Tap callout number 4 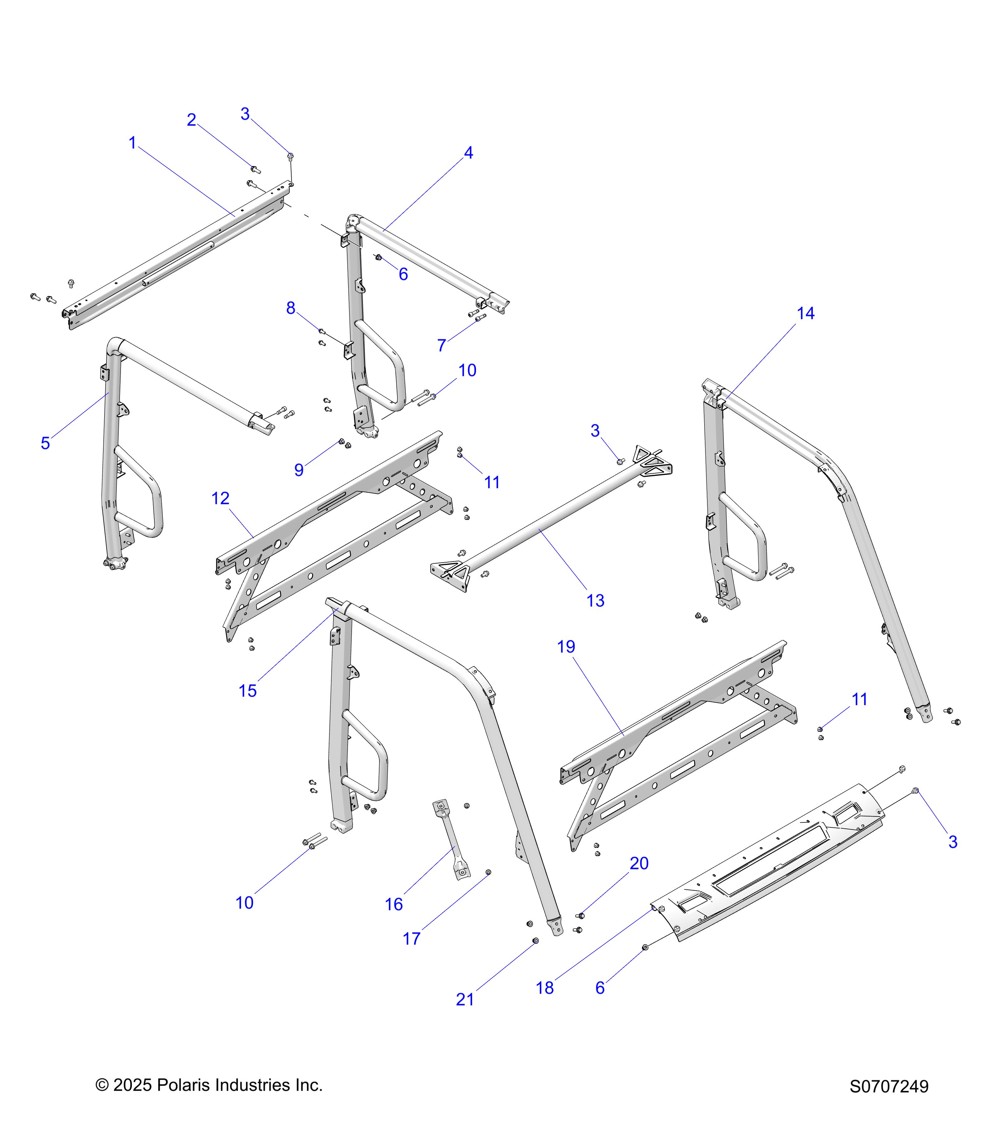pyautogui.click(x=468, y=153)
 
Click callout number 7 pyautogui.click(x=441, y=346)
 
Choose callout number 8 pyautogui.click(x=291, y=308)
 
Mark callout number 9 pyautogui.click(x=299, y=470)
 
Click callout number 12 pyautogui.click(x=220, y=498)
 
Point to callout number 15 pyautogui.click(x=248, y=691)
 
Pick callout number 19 pyautogui.click(x=566, y=647)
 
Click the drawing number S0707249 pyautogui.click(x=889, y=1086)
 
